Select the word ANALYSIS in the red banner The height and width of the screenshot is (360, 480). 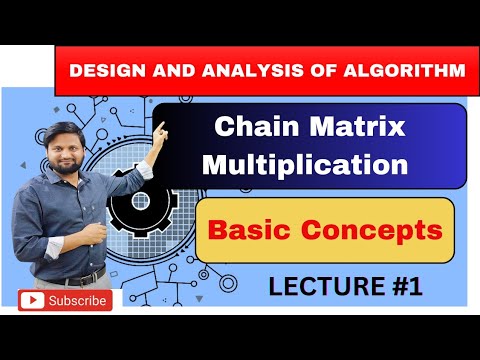click(237, 71)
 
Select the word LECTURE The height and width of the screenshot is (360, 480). click(321, 287)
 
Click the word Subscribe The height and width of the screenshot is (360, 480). click(78, 300)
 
